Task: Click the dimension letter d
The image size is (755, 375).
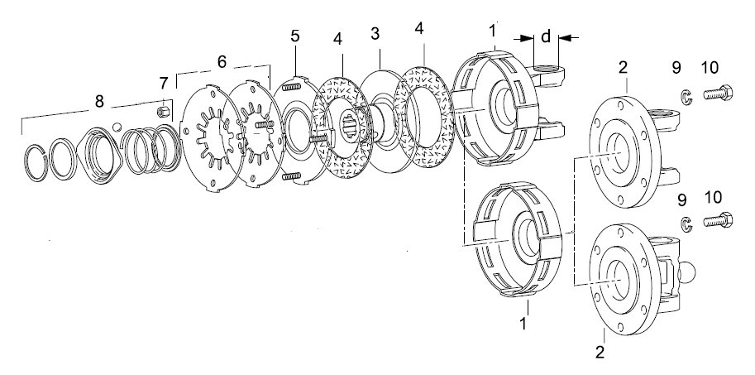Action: pyautogui.click(x=546, y=36)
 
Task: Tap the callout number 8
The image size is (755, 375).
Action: pyautogui.click(x=99, y=101)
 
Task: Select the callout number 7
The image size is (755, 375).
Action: pyautogui.click(x=164, y=84)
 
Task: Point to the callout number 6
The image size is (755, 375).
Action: pyautogui.click(x=222, y=62)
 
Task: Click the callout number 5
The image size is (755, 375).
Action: pyautogui.click(x=295, y=36)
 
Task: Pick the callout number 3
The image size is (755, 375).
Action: pyautogui.click(x=375, y=33)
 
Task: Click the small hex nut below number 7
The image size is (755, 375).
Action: pyautogui.click(x=163, y=113)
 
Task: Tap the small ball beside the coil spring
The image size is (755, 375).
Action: pyautogui.click(x=117, y=127)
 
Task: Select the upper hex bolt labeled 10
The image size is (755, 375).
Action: pyautogui.click(x=718, y=92)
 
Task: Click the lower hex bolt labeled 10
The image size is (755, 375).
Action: pyautogui.click(x=718, y=220)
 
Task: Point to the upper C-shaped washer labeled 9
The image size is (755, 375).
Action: pyautogui.click(x=686, y=96)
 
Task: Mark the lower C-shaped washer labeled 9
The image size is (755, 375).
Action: pyautogui.click(x=686, y=224)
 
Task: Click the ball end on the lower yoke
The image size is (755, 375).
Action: pyautogui.click(x=687, y=273)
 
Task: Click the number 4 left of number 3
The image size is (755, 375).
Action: pyautogui.click(x=338, y=39)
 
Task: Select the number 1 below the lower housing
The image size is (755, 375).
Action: pyautogui.click(x=523, y=324)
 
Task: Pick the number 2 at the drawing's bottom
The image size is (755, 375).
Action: pyautogui.click(x=600, y=352)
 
